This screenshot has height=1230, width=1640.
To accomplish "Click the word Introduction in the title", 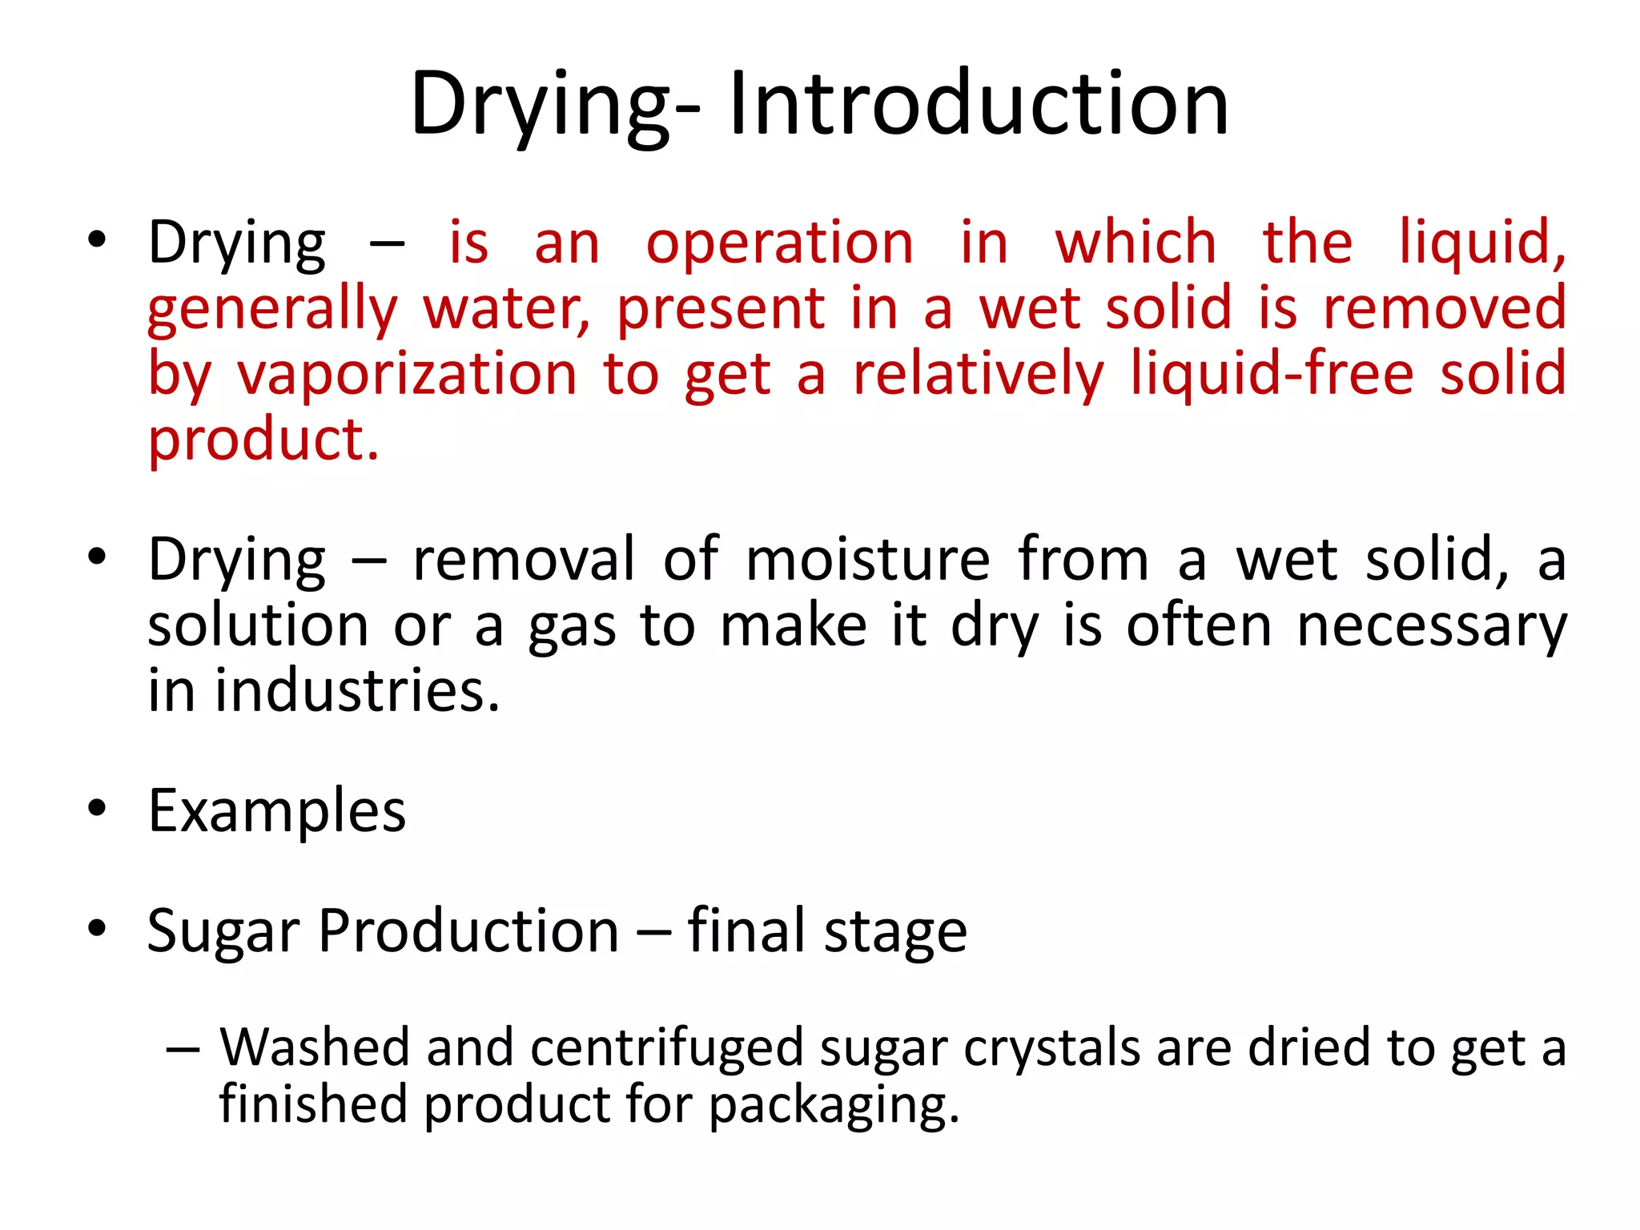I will [x=978, y=104].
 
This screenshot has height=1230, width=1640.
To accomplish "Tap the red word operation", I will [x=779, y=243].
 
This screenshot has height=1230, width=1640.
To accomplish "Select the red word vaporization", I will [x=407, y=374].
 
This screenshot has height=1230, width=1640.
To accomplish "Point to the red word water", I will [x=506, y=309].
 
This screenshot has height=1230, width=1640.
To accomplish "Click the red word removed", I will [x=1444, y=308].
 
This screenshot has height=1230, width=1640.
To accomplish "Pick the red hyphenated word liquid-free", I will [x=1272, y=374].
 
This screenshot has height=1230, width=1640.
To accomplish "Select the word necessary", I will [x=1431, y=625].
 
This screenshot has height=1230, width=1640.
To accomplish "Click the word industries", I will [x=357, y=690].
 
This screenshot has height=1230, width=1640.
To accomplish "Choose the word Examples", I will [x=277, y=811].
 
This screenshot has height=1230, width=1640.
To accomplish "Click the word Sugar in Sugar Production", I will [x=223, y=932].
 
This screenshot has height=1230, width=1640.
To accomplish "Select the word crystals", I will [x=1051, y=1047].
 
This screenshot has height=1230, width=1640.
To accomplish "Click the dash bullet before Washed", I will [x=183, y=1049].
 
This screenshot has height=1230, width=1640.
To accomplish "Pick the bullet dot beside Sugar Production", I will [x=97, y=929].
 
